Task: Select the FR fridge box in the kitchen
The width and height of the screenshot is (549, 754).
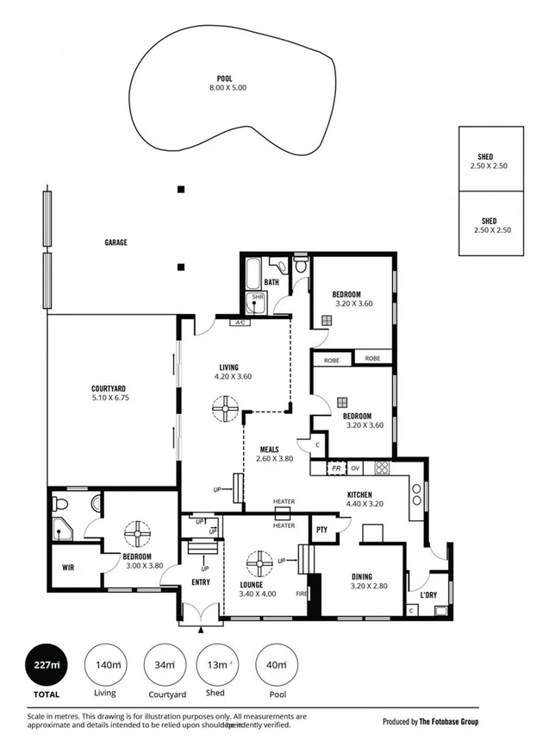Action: (338, 468)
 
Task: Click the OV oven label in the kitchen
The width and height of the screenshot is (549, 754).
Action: (354, 468)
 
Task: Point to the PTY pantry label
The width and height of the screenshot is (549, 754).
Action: (321, 530)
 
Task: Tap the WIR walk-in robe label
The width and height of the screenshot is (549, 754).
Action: (69, 568)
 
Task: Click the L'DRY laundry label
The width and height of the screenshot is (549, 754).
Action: (428, 595)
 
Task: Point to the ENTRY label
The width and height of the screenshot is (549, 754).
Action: (201, 584)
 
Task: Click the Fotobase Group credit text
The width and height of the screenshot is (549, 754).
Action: (430, 721)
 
